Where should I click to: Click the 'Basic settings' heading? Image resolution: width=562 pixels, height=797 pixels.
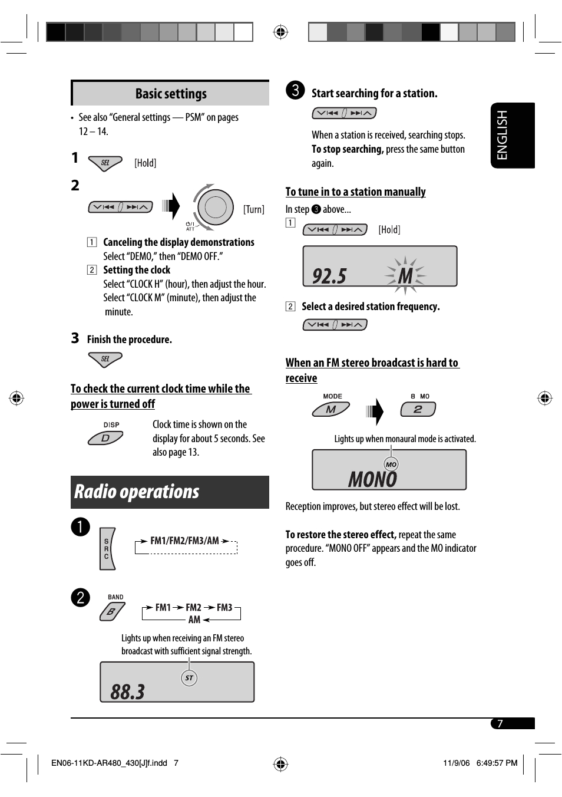(x=171, y=94)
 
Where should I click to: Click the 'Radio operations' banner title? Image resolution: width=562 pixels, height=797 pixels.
(x=137, y=492)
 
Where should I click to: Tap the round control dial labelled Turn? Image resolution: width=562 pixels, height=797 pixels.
(x=215, y=207)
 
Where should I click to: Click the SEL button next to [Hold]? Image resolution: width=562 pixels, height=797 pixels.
(x=105, y=163)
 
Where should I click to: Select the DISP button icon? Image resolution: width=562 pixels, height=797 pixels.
(x=105, y=437)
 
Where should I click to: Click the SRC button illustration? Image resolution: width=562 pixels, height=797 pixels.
(x=107, y=549)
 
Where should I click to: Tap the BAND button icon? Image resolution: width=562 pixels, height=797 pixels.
(x=112, y=611)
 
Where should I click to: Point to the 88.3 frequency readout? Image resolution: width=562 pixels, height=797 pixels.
(x=128, y=691)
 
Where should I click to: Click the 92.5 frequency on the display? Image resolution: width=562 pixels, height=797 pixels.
(x=329, y=275)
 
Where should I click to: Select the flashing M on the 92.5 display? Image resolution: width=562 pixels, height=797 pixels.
(x=405, y=275)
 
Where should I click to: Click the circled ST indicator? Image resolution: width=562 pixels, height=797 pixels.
(x=189, y=678)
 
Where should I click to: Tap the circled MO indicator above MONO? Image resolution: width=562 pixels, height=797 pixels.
(x=391, y=465)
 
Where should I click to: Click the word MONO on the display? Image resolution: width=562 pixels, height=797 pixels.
(x=372, y=479)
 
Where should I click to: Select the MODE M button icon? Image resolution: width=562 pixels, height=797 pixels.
(x=331, y=409)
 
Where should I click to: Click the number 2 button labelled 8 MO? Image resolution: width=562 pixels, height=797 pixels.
(x=418, y=409)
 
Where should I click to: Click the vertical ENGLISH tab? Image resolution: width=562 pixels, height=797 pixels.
(x=512, y=135)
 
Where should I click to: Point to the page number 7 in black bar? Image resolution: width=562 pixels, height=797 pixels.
(x=500, y=723)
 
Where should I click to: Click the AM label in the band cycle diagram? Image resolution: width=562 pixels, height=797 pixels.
(x=194, y=620)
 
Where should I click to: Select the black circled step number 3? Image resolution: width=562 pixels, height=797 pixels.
(x=296, y=90)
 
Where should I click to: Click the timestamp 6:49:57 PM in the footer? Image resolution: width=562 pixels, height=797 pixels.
(x=497, y=763)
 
